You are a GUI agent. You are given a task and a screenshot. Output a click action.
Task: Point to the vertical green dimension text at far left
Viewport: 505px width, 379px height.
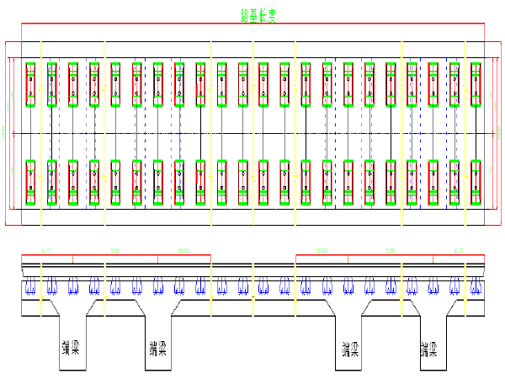(3, 132)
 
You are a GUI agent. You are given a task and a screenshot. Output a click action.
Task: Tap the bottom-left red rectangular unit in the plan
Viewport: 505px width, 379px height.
(31, 182)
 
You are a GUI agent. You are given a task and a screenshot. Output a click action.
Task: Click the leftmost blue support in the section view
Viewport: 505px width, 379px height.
(30, 286)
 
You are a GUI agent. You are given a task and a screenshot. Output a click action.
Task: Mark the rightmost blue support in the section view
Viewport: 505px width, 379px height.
(476, 286)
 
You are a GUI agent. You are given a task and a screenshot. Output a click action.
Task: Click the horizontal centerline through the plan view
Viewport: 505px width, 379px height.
(252, 133)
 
